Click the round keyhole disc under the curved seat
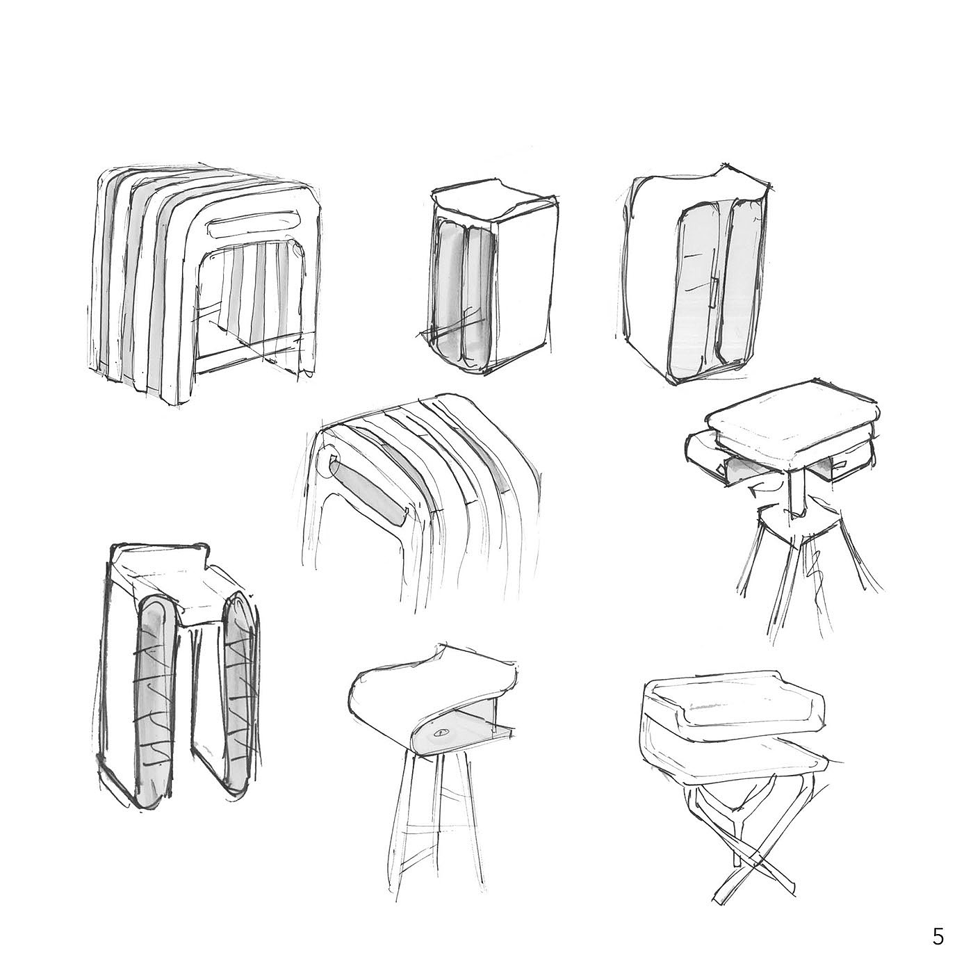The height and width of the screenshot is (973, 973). click(x=439, y=735)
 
